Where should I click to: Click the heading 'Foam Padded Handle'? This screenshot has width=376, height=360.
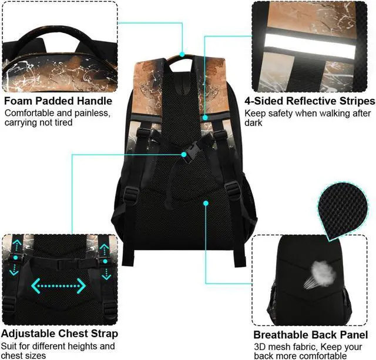(x=58, y=101)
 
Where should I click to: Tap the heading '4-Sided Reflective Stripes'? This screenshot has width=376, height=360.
(x=310, y=101)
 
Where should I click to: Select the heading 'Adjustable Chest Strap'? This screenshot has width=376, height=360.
(x=61, y=334)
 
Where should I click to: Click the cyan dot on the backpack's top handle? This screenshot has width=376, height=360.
(x=183, y=54)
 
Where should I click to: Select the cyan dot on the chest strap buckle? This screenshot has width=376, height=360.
(x=184, y=155)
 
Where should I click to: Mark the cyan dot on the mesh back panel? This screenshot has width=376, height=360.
(x=206, y=203)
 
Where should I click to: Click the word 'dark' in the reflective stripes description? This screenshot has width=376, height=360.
(x=254, y=124)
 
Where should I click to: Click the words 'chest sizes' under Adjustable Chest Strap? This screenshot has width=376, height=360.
(x=26, y=356)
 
